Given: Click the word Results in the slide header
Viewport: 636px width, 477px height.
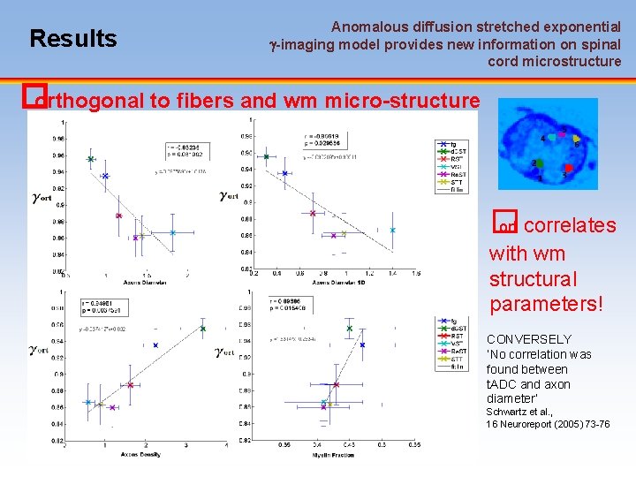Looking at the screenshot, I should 72,39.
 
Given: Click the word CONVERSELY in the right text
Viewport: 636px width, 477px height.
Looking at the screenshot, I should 529,339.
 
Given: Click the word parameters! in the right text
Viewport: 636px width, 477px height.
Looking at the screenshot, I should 546,305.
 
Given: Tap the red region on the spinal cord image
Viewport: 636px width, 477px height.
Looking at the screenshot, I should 569,168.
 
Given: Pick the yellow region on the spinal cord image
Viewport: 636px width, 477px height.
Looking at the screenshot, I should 576,139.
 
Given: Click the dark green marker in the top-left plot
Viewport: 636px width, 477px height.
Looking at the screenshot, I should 90,159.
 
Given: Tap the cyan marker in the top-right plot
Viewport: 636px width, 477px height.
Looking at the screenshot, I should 392,231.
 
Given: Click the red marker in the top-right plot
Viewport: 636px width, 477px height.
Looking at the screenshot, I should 312,213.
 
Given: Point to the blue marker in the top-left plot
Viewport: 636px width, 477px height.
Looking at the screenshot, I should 105,176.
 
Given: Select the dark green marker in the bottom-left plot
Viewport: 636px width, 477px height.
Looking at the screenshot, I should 203,329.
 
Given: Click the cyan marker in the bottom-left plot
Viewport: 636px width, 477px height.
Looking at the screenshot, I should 88,402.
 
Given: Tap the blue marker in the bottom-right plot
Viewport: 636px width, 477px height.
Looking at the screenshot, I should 362,344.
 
